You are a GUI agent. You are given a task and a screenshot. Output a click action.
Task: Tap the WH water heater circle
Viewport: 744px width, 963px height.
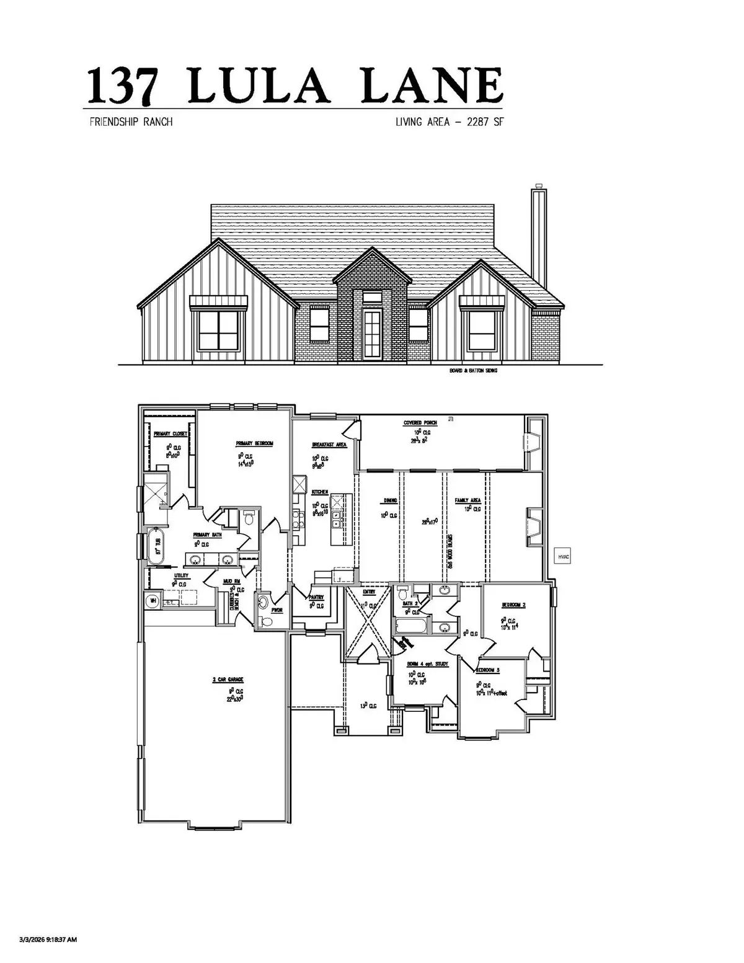[152, 601]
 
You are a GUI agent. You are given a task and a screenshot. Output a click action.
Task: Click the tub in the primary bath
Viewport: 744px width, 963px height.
[153, 546]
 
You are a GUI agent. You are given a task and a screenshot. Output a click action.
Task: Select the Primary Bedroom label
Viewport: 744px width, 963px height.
[254, 443]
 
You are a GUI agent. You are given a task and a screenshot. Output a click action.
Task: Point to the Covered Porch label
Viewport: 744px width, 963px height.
[420, 423]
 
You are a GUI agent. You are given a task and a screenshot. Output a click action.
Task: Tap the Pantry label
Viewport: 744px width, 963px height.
[316, 597]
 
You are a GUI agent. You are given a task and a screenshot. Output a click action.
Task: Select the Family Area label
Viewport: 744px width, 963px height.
[468, 500]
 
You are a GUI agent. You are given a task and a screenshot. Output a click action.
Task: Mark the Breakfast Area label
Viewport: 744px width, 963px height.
[329, 445]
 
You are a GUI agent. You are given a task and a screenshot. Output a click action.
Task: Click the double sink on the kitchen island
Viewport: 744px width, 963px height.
[337, 519]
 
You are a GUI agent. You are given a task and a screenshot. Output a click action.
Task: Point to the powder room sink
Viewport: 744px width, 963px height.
[264, 601]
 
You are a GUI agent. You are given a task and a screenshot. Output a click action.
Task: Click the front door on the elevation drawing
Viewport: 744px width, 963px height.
[372, 335]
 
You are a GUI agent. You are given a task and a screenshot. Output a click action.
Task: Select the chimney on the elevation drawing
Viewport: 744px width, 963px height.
[538, 236]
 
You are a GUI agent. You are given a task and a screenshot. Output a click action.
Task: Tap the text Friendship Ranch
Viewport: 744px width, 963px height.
[131, 122]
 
